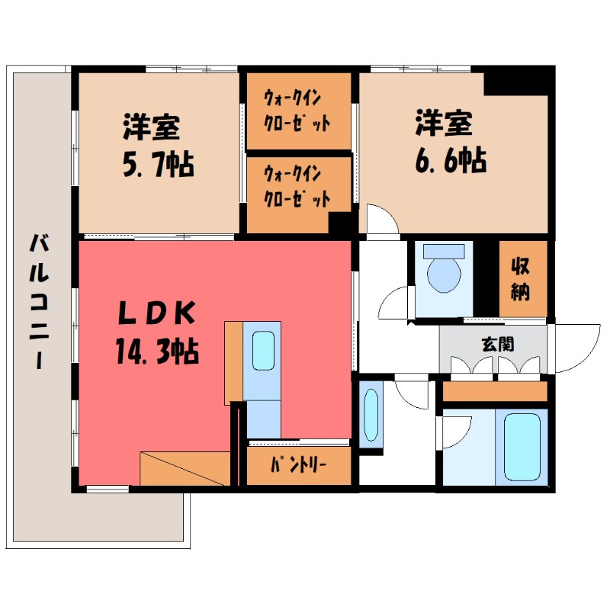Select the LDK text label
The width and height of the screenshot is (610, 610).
[159, 313]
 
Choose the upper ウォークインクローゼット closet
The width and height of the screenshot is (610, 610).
[297, 111]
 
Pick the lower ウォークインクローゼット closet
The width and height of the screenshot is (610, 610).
[297, 188]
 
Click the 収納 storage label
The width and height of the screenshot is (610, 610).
[522, 278]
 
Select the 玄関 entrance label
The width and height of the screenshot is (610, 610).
[496, 344]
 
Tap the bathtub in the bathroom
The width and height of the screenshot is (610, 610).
[522, 445]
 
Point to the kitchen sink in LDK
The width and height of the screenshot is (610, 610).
[262, 352]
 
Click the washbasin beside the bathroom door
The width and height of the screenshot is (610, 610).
[371, 416]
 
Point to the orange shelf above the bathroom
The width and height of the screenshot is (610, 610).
[496, 391]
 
